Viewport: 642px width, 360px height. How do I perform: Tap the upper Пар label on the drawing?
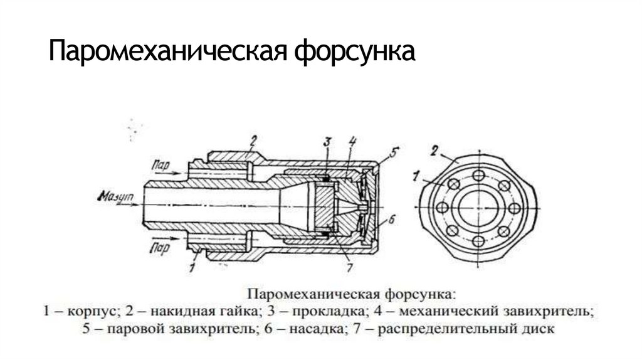tap(160, 164)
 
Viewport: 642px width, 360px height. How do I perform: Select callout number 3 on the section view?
tap(327, 142)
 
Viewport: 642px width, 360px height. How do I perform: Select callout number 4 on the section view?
tap(352, 141)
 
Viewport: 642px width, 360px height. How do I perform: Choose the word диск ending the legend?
tap(539, 328)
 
